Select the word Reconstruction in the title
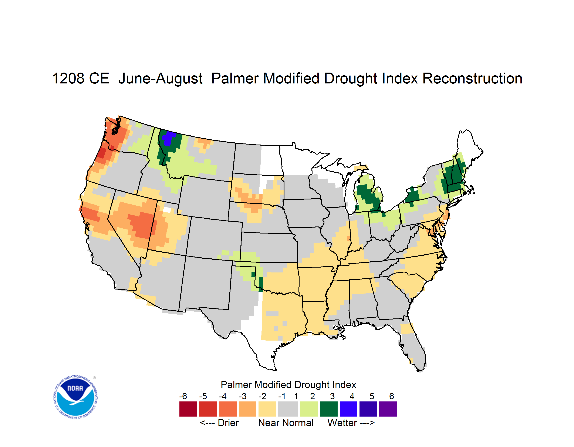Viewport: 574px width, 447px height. (472, 78)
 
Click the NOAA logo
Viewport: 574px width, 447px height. (75, 397)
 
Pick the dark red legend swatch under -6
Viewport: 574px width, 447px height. (188, 409)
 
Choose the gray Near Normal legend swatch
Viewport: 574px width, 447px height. (288, 409)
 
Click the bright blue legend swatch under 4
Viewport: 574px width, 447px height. (348, 409)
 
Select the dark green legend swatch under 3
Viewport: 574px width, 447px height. (328, 409)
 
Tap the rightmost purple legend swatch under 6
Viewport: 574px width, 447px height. (388, 409)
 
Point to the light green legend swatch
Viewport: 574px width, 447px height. (309, 409)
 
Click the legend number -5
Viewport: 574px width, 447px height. (203, 396)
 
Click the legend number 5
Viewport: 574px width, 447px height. (372, 396)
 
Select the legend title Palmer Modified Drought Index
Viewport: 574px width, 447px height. (288, 385)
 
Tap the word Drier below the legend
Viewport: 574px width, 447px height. (228, 423)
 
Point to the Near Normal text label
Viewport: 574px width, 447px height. (286, 423)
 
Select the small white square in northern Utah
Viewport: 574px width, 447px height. (167, 210)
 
